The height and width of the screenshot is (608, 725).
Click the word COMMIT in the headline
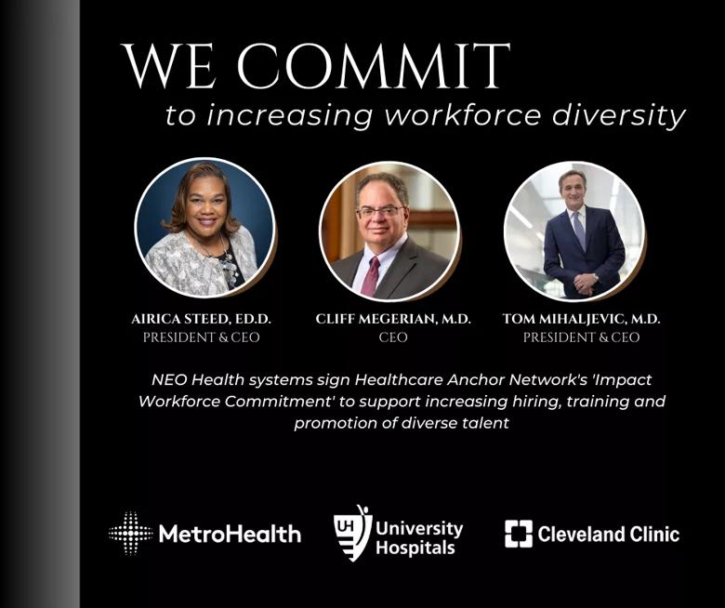point(374,66)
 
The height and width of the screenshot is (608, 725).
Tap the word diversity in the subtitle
point(618,115)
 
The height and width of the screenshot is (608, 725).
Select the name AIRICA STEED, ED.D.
point(201,319)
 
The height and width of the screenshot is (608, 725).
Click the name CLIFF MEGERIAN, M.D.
point(393,319)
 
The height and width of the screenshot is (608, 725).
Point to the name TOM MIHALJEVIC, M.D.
point(581,319)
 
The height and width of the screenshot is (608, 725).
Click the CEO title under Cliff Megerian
point(393,337)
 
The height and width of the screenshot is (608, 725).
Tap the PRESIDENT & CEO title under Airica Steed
point(201,337)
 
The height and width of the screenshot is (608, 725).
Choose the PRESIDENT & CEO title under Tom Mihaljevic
point(581,337)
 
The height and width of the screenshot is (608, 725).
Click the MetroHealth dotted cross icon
point(131,533)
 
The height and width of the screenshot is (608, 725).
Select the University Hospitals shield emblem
point(353,533)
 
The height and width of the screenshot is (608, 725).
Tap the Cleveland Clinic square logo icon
point(519,534)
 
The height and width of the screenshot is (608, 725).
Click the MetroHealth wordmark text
point(230,534)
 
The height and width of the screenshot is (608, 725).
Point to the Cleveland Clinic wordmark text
point(609,534)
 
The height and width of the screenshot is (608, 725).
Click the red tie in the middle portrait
point(371,276)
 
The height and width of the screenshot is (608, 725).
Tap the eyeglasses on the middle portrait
point(379,212)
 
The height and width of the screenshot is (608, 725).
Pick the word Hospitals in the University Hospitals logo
point(415,549)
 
